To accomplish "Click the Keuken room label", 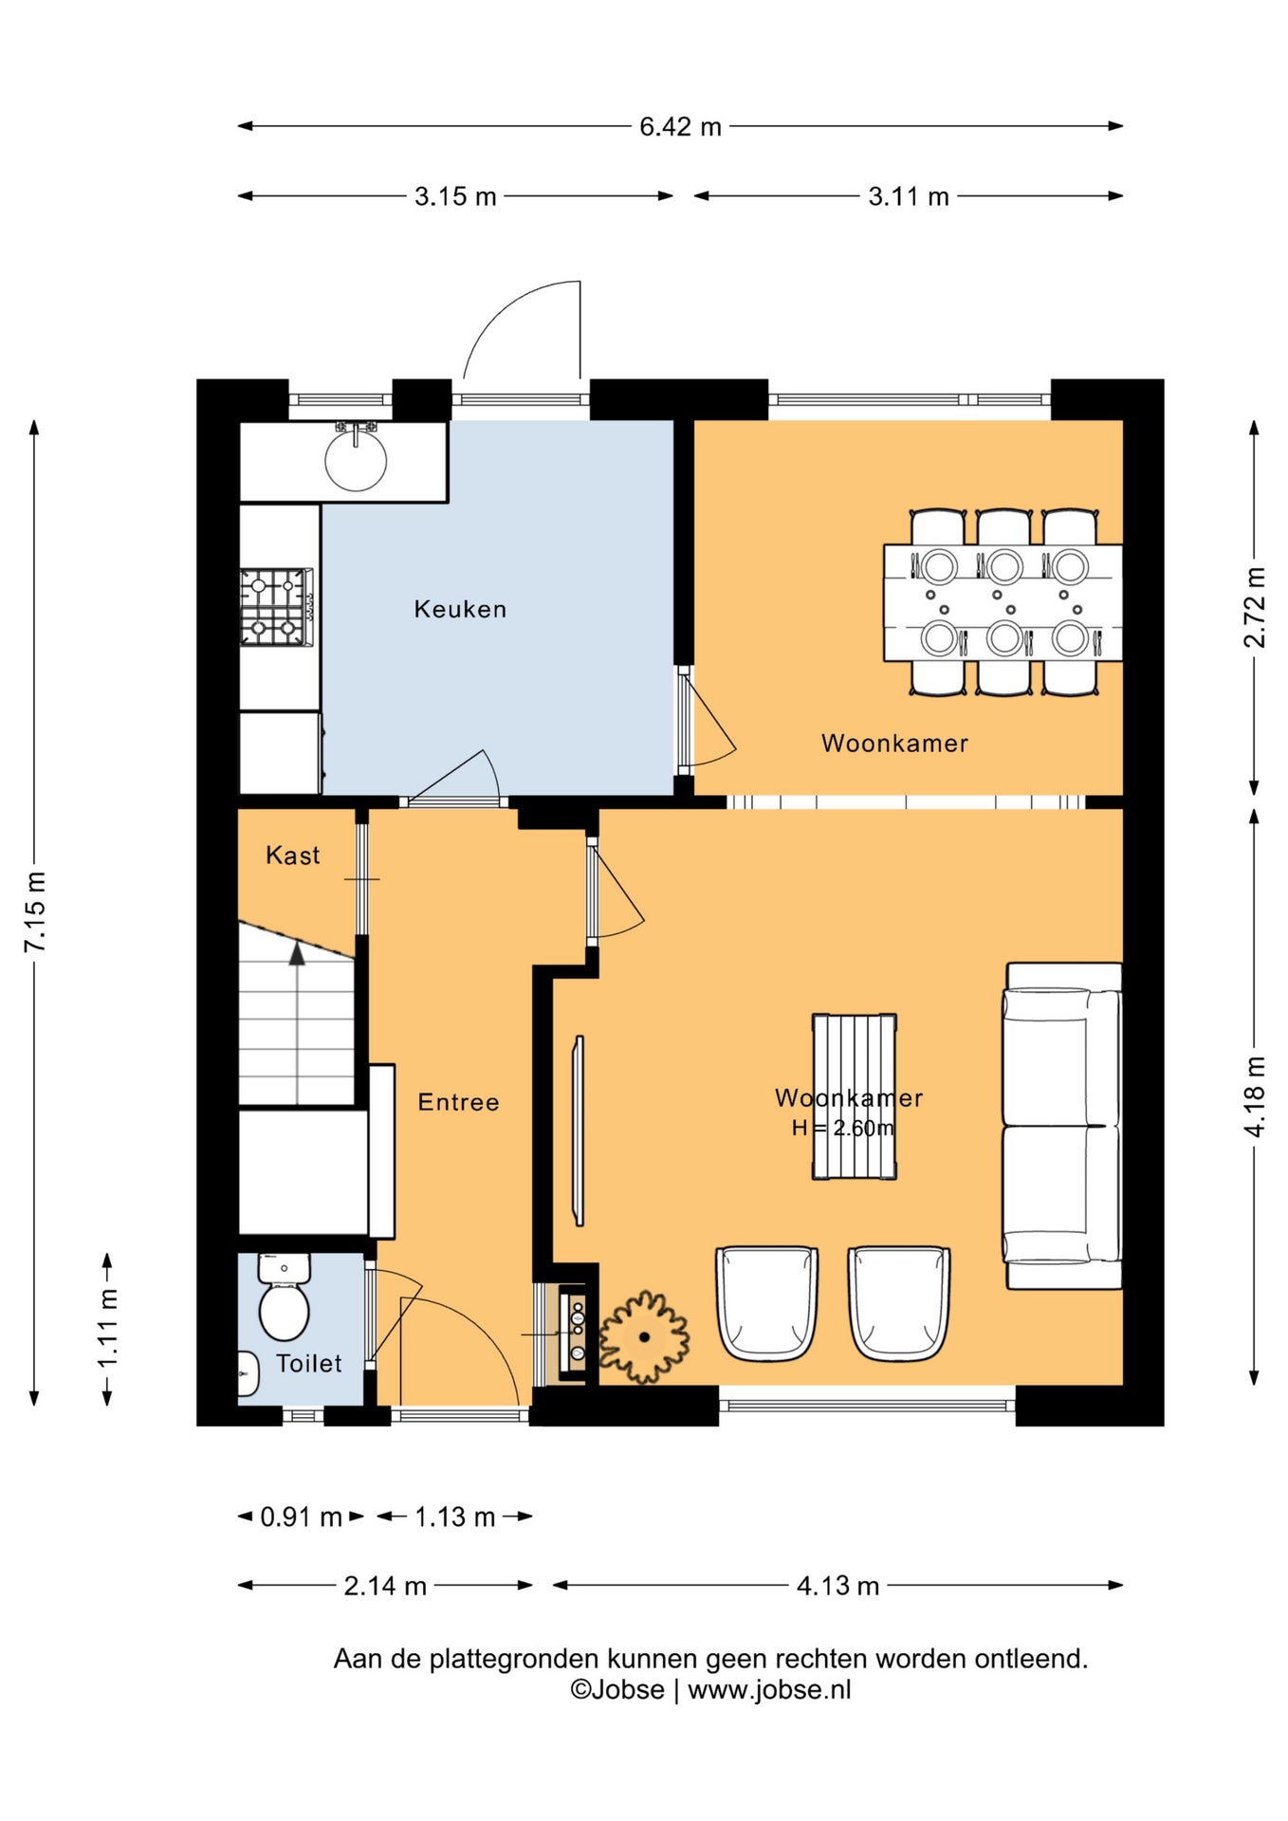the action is click(x=460, y=609).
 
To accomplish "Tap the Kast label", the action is click(x=293, y=855).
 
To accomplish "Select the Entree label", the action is click(x=458, y=1102).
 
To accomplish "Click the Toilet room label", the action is click(x=309, y=1363).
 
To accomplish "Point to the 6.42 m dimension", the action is click(x=680, y=126).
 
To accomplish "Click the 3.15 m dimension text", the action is click(x=455, y=196).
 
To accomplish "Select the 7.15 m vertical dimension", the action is click(x=35, y=911).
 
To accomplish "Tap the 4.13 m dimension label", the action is click(x=837, y=1586).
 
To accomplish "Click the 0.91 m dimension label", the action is click(x=301, y=1517).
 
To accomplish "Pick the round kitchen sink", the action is click(x=356, y=460).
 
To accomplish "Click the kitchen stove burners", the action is click(x=276, y=607).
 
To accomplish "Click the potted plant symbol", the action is click(x=644, y=1336).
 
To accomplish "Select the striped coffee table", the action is click(x=855, y=1096).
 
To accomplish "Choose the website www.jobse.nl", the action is click(x=769, y=1689).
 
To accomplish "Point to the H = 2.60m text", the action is click(x=842, y=1128).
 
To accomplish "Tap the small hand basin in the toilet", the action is click(x=248, y=1373).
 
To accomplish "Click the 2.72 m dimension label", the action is click(x=1255, y=607).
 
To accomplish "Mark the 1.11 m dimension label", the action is click(x=108, y=1328).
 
